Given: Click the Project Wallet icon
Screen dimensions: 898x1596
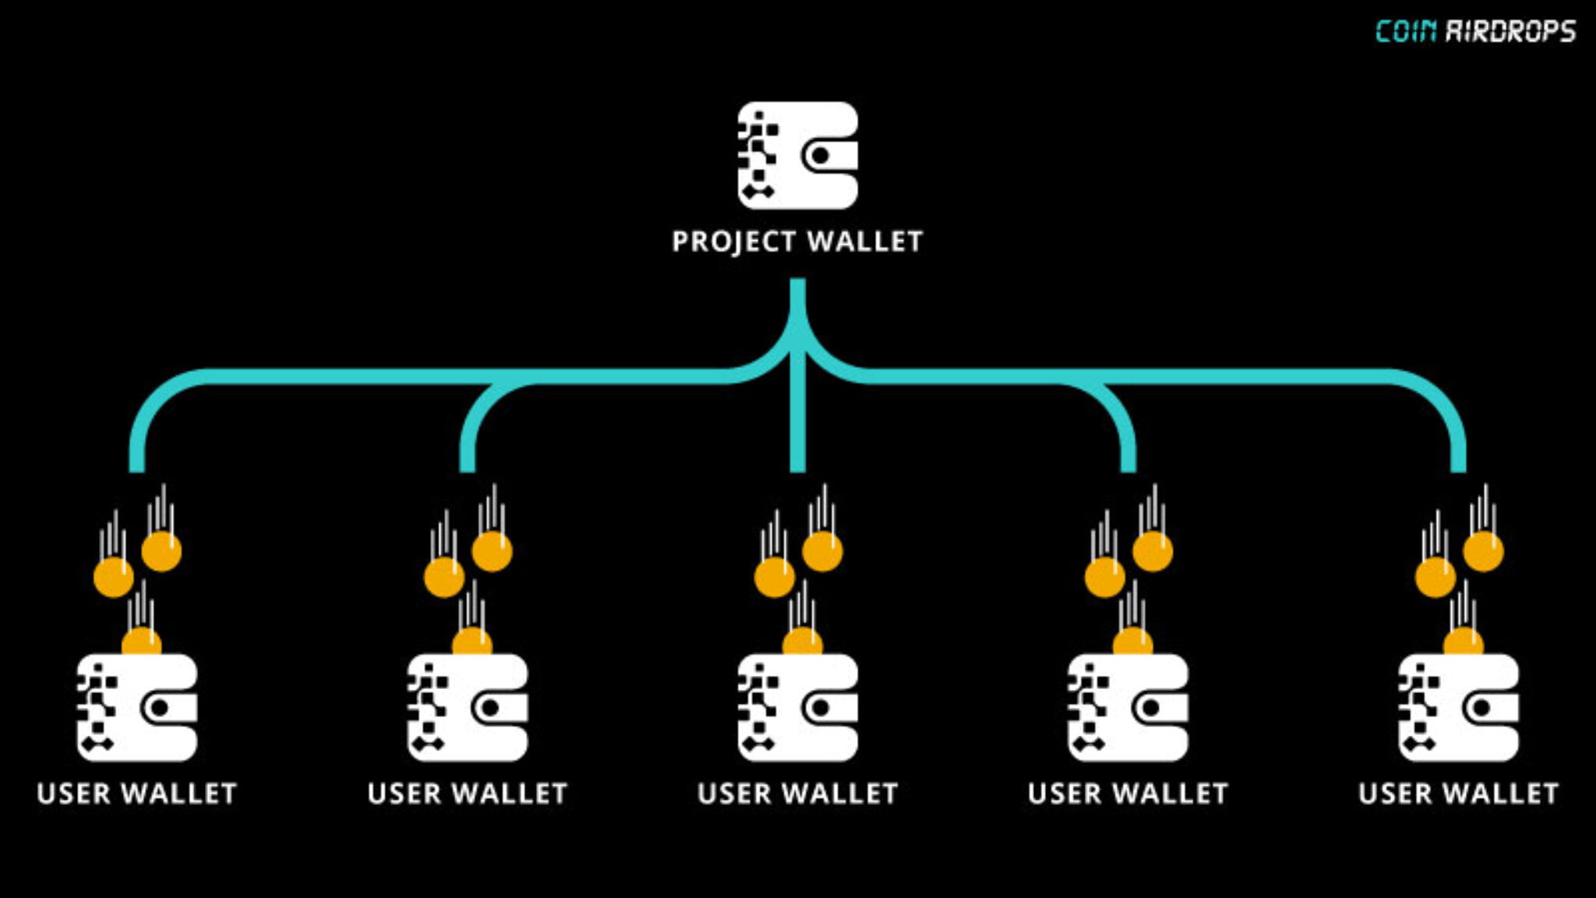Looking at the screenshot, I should click(797, 155).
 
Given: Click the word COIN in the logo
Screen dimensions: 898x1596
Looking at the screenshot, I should click(1405, 31).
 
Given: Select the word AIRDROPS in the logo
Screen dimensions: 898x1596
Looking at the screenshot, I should click(1510, 31).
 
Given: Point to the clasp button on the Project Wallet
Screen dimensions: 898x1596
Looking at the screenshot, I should click(820, 156).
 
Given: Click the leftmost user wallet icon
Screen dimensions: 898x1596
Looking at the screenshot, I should click(136, 707).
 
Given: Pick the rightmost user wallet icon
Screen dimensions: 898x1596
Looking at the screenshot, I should click(1458, 707).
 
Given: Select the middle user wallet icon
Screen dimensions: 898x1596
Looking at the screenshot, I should click(797, 707).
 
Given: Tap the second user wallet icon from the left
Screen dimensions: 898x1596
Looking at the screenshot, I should click(467, 707).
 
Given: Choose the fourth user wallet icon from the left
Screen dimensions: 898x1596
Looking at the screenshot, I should click(1128, 707).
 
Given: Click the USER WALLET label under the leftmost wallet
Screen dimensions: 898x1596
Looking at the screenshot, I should click(136, 794).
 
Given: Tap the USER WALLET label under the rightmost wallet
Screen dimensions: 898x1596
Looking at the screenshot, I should click(1458, 794).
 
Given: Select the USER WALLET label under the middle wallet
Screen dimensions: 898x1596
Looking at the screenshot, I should click(797, 794).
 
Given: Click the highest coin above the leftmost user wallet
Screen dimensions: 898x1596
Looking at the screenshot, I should click(161, 551).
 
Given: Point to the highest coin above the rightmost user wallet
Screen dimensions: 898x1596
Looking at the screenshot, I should click(1483, 551).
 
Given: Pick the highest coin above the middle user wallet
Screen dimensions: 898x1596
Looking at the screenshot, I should click(822, 551).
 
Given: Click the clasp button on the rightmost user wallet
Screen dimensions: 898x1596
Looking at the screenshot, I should click(1481, 708).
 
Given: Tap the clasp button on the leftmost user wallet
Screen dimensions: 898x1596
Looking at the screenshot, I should click(159, 708).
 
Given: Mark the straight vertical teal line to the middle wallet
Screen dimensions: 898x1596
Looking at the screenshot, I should click(797, 421).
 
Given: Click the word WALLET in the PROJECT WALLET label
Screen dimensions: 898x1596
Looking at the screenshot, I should click(865, 242).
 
